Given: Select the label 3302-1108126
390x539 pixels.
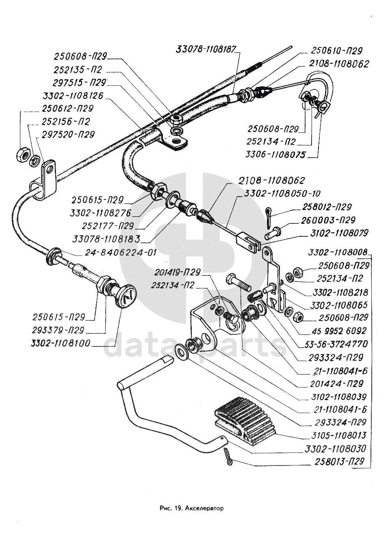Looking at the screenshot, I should pyautogui.click(x=73, y=96).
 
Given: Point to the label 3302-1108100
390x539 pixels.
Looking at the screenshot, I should pyautogui.click(x=61, y=343).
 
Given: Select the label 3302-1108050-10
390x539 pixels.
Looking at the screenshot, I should pyautogui.click(x=283, y=193).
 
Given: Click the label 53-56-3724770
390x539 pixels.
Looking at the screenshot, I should pyautogui.click(x=337, y=344).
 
